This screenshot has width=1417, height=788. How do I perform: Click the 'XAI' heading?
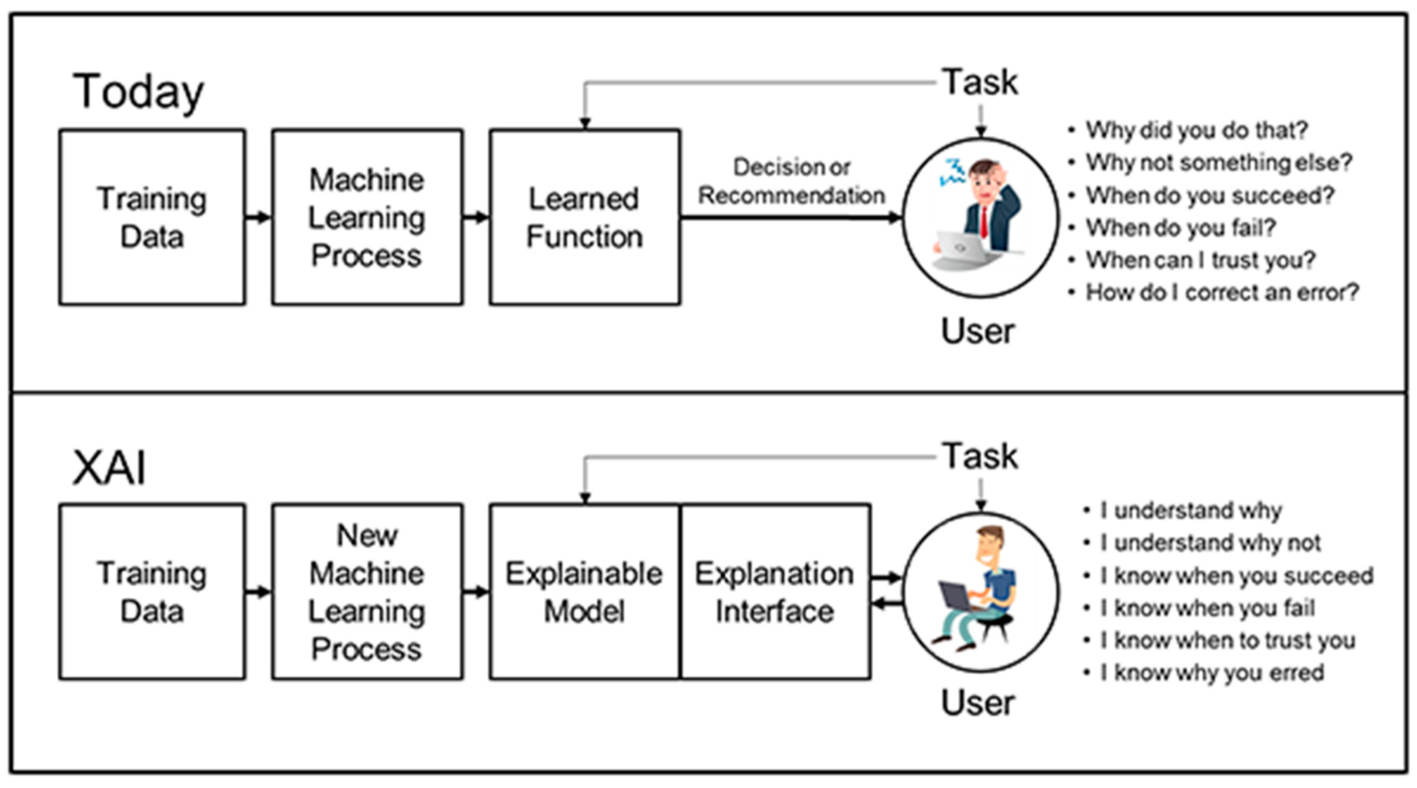[110, 468]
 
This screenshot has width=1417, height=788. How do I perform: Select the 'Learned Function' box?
[585, 217]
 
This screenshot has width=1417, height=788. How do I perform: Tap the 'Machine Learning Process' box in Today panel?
[367, 217]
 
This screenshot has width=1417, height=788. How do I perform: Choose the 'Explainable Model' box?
[585, 592]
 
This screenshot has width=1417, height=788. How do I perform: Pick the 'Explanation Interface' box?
[775, 592]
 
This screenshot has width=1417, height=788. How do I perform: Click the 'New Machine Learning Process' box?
[367, 592]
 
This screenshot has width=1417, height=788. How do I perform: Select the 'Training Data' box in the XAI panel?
[152, 592]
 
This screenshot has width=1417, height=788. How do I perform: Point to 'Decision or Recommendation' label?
[792, 181]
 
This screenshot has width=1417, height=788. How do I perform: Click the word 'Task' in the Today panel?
[980, 83]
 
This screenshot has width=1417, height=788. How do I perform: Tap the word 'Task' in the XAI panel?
[980, 456]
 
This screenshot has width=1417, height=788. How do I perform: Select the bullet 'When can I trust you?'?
[1192, 260]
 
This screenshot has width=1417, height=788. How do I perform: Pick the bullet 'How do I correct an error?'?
[1213, 292]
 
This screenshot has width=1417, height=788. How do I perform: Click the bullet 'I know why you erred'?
[1204, 673]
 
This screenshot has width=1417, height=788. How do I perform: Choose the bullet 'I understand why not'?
[1202, 543]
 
